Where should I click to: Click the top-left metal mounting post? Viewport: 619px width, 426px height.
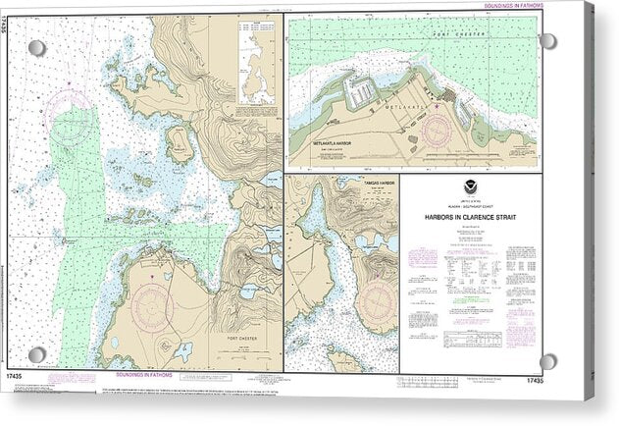point(36,48)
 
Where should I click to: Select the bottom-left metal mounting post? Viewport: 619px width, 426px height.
point(36,354)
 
